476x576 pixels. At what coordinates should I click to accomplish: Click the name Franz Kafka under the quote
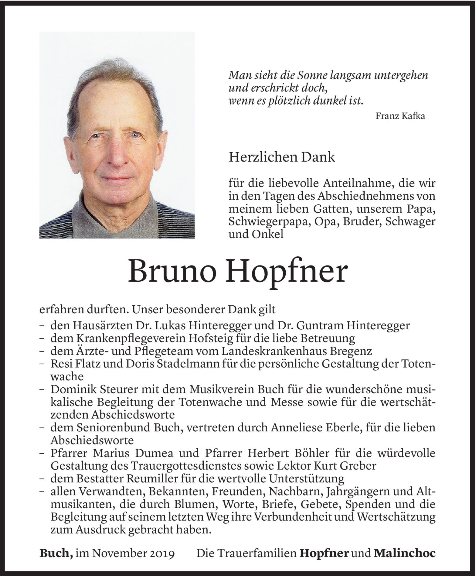tap(400, 116)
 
